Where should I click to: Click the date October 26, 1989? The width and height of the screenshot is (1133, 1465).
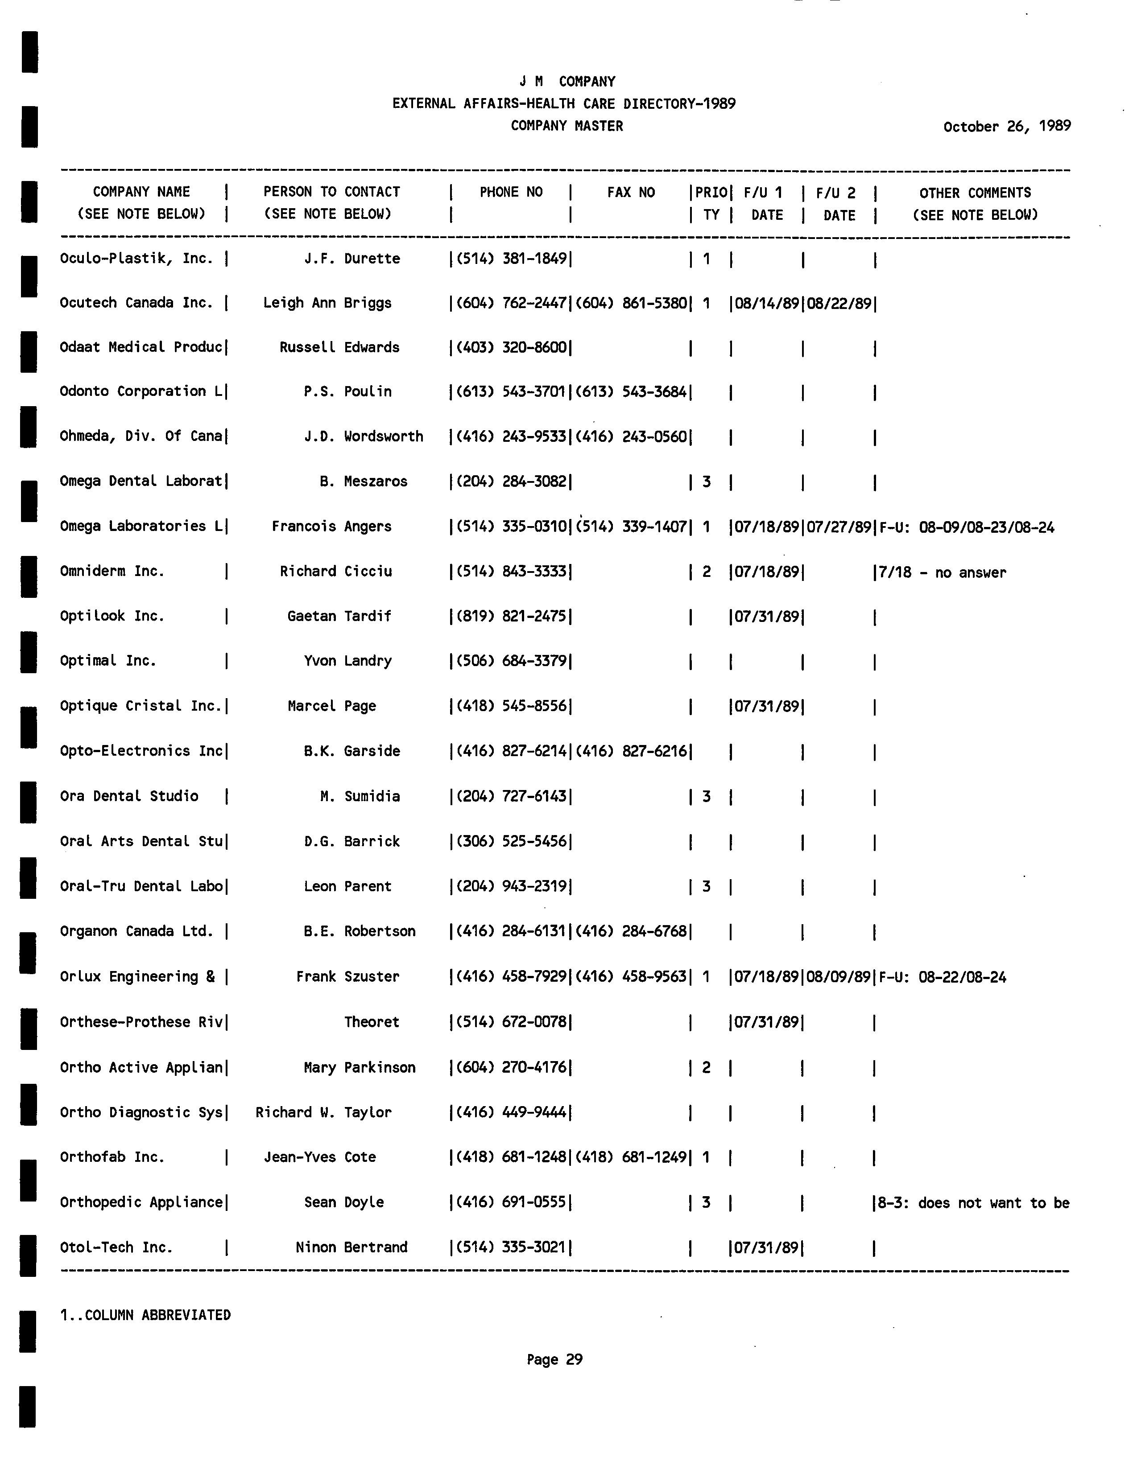coord(1006,127)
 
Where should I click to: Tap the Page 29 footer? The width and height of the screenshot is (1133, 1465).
coord(554,1360)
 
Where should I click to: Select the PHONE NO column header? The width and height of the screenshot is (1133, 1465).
coord(511,193)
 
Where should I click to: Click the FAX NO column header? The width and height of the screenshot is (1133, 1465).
coord(631,193)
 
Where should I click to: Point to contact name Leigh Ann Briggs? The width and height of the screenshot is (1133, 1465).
coord(327,303)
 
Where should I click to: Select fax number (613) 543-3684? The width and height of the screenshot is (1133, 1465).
coord(631,392)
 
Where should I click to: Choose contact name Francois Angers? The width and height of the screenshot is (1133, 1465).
coord(331,527)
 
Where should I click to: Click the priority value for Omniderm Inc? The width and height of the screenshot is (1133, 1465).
coord(706,572)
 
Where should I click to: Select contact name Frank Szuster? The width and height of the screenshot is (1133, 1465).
coord(347,977)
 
